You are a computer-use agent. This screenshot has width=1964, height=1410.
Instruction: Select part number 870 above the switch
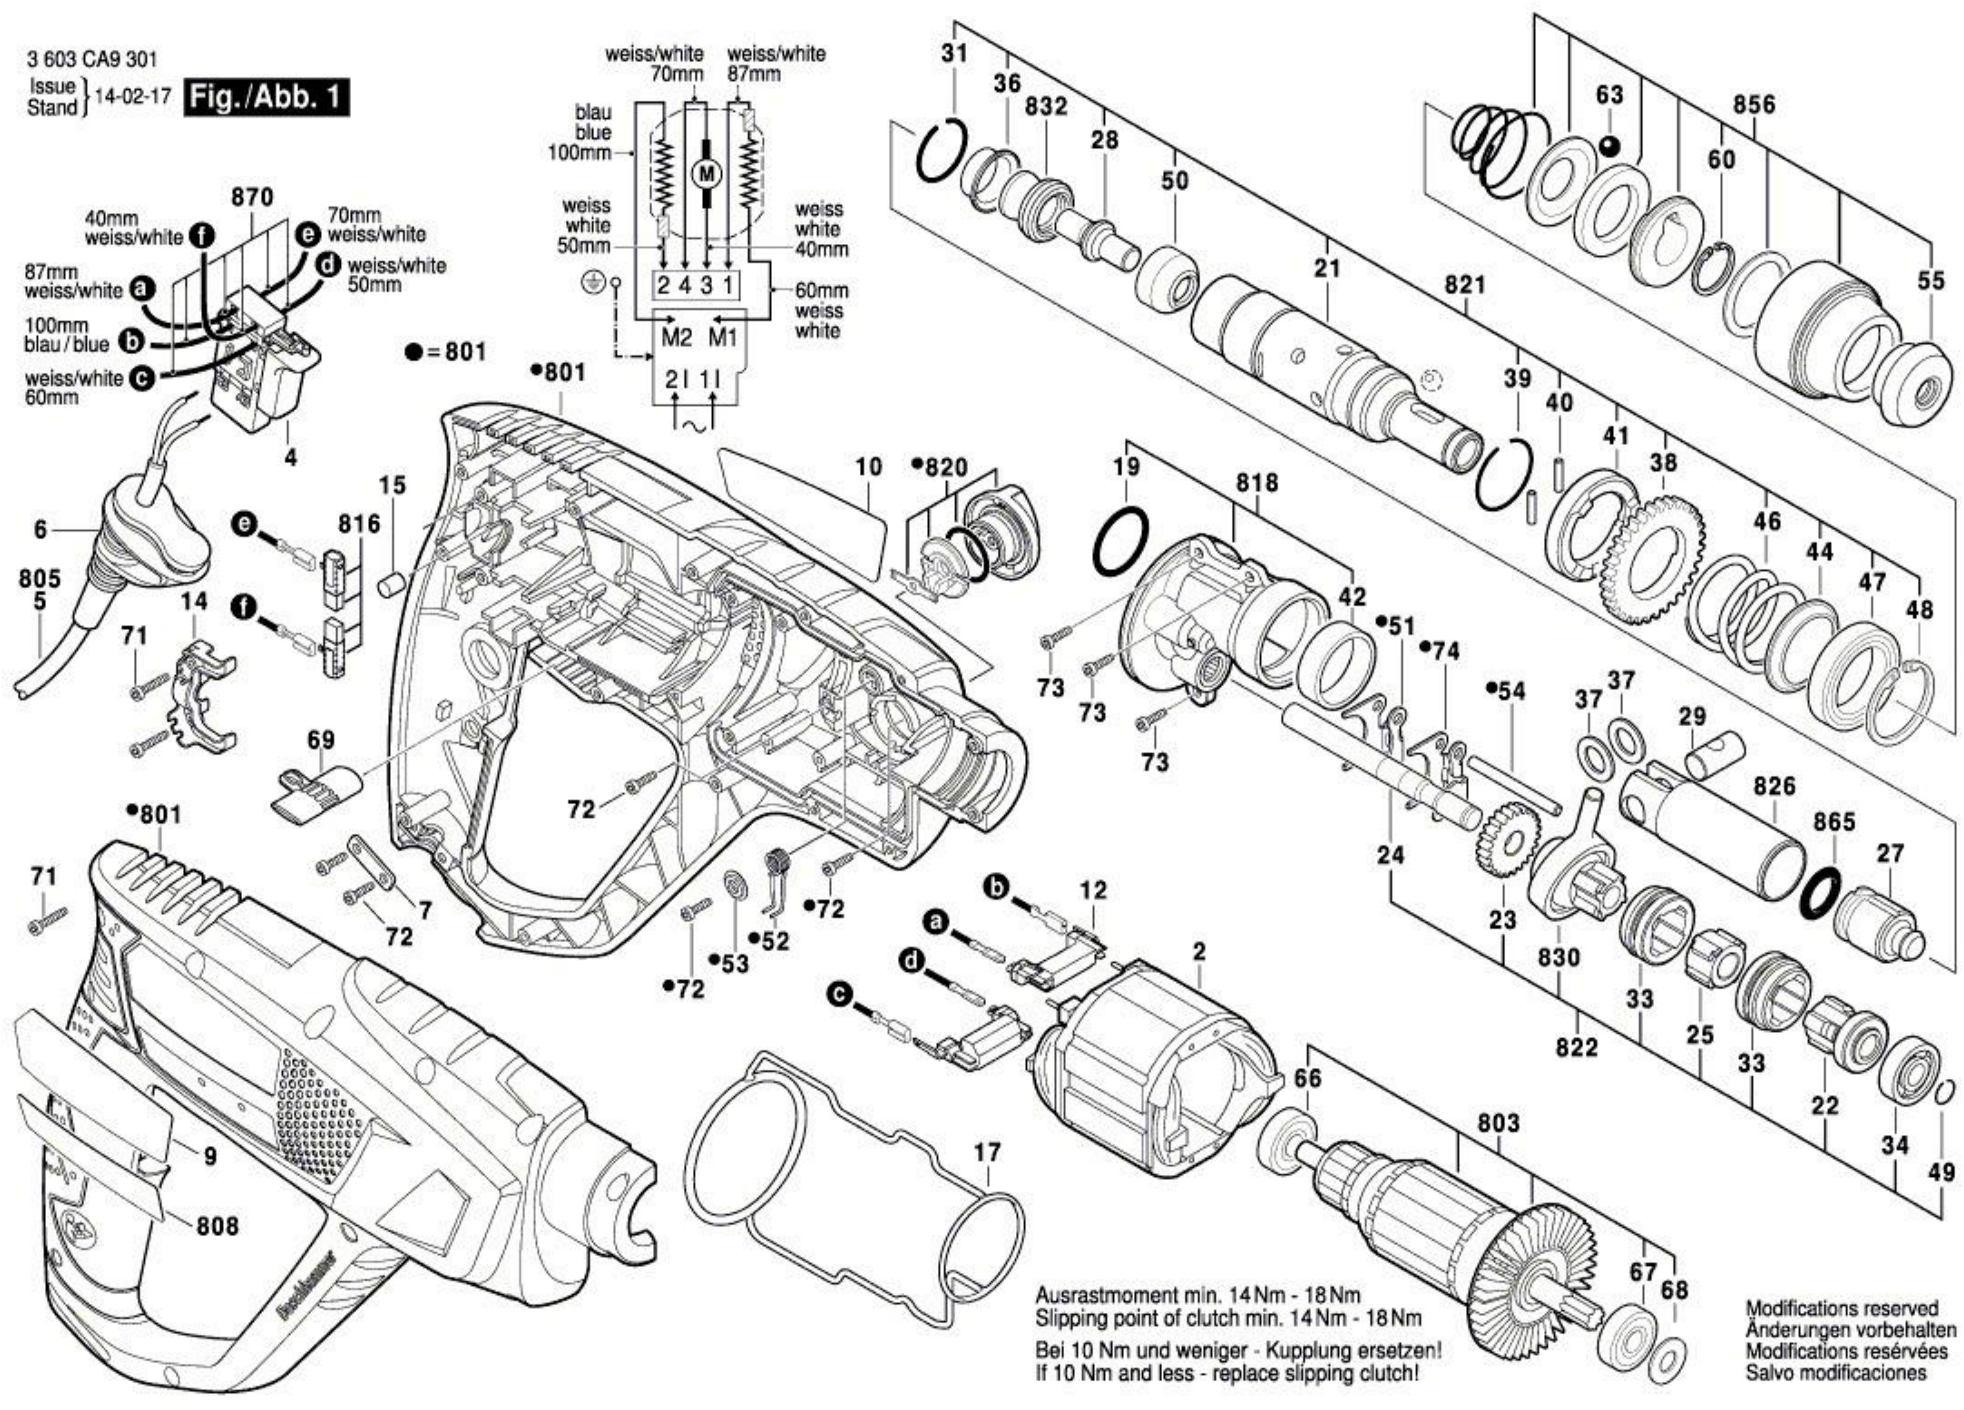point(252,197)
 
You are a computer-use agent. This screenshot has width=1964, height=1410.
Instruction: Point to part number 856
point(1754,105)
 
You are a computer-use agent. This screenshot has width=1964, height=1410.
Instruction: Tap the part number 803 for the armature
point(1498,1123)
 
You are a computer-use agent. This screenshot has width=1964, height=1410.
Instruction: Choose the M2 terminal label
point(677,337)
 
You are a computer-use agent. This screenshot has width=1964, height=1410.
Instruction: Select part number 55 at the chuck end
point(1930,281)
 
